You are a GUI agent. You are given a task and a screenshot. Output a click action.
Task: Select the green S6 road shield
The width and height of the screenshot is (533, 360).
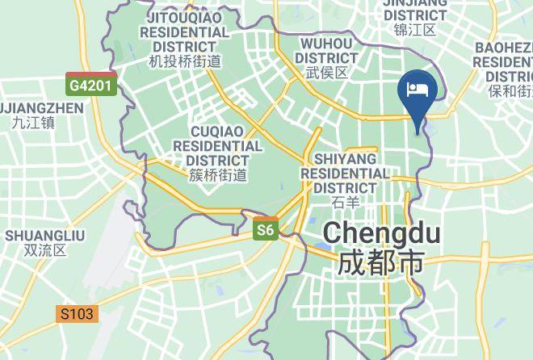[x=266, y=231]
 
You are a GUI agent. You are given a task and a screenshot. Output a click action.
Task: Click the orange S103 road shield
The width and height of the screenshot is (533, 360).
[x=78, y=313]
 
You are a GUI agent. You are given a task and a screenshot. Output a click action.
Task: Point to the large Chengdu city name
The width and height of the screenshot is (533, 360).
[x=381, y=234]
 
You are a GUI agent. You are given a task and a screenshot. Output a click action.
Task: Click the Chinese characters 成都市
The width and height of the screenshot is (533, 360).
[x=381, y=263]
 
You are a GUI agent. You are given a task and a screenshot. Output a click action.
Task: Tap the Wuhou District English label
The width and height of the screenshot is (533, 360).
[x=327, y=50]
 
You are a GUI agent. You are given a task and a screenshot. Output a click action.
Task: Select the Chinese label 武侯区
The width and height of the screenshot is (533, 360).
[x=327, y=73]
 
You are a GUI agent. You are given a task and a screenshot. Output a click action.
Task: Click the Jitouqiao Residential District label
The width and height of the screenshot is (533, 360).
[x=185, y=31]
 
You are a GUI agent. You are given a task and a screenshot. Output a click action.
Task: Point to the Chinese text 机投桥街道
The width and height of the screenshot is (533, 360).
[x=185, y=61]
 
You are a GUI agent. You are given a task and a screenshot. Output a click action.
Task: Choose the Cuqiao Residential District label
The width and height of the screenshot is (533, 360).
[x=217, y=146]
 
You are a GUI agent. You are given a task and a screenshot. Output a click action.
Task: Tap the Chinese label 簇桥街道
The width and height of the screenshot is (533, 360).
[x=217, y=174]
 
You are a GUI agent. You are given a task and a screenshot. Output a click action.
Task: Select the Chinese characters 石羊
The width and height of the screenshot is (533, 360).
[x=345, y=202]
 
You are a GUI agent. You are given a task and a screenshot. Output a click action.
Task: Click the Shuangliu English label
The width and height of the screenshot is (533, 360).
[x=45, y=235]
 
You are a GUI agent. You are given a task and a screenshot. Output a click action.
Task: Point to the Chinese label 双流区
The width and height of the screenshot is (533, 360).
[x=45, y=250]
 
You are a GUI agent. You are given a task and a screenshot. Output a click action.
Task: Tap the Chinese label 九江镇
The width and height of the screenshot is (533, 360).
[x=33, y=123]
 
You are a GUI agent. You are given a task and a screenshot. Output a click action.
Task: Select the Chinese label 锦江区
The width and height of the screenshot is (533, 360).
[x=415, y=30]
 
